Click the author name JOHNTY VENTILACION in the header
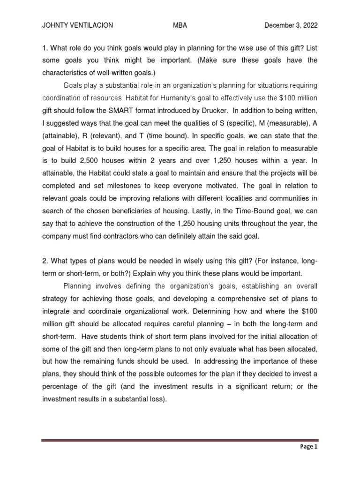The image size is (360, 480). (x=77, y=25)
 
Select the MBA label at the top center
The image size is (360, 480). (x=180, y=25)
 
